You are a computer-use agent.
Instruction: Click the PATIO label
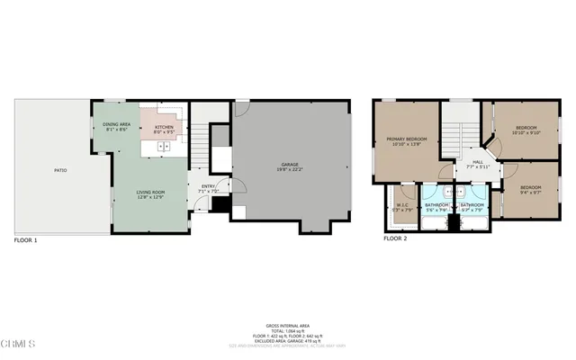click(60, 170)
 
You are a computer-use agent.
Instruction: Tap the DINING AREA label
click(118, 125)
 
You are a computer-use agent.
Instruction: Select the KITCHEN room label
click(164, 128)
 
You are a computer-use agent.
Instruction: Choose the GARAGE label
click(289, 165)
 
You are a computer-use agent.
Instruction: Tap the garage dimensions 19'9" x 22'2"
click(289, 170)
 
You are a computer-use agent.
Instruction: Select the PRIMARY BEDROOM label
click(406, 139)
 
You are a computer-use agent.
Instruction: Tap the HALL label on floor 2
click(465, 162)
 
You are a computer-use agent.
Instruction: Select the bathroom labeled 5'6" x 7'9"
click(436, 206)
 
